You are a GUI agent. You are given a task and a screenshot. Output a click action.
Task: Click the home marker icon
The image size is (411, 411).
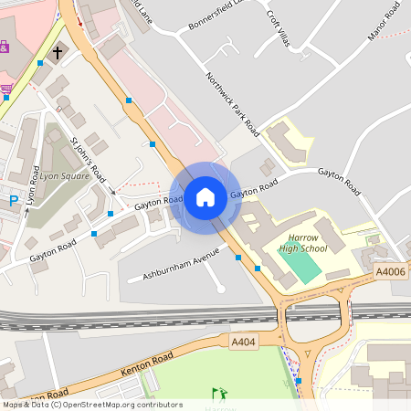pyautogui.click(x=205, y=196)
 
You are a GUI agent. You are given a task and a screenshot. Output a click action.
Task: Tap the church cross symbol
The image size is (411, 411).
pyautogui.click(x=58, y=53)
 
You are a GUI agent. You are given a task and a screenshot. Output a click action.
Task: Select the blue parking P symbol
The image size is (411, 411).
pyautogui.click(x=13, y=200)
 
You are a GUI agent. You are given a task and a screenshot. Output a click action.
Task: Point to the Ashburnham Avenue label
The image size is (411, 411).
pyautogui.click(x=175, y=264)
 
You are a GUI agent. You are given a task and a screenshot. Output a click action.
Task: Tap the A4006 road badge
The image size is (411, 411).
pyautogui.click(x=390, y=271)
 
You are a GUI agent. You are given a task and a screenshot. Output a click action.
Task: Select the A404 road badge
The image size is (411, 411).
pyautogui.click(x=243, y=341)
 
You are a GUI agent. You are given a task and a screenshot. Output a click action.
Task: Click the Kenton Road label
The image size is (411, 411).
pyautogui.click(x=120, y=373)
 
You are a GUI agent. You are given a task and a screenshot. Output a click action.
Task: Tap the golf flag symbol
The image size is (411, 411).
pyautogui.click(x=217, y=394)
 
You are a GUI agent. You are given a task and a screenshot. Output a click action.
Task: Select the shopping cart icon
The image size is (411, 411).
pyautogui.click(x=7, y=90)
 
